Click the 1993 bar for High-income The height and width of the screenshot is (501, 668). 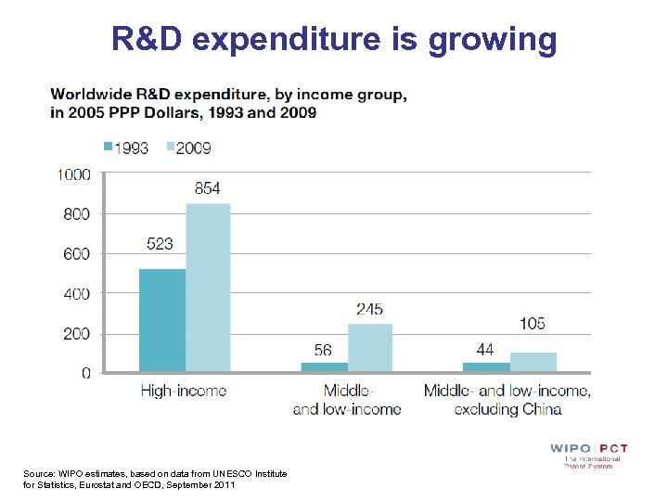pyautogui.click(x=162, y=320)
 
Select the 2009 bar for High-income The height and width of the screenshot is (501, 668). pyautogui.click(x=208, y=288)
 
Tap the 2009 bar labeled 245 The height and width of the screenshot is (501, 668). pyautogui.click(x=369, y=348)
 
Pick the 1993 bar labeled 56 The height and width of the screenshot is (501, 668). pyautogui.click(x=324, y=367)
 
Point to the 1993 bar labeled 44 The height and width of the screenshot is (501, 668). pyautogui.click(x=486, y=367)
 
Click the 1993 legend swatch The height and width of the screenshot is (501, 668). pyautogui.click(x=108, y=148)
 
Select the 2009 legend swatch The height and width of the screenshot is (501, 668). pyautogui.click(x=171, y=148)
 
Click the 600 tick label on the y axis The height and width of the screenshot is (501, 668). pyautogui.click(x=77, y=254)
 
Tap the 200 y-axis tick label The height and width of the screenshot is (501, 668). pyautogui.click(x=77, y=334)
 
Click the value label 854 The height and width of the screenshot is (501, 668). pyautogui.click(x=208, y=188)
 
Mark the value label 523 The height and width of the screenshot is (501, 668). pyautogui.click(x=160, y=245)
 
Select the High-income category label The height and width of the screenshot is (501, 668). pyautogui.click(x=183, y=391)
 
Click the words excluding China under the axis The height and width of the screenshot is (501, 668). pyautogui.click(x=507, y=409)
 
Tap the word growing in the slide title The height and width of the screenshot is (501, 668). pyautogui.click(x=492, y=39)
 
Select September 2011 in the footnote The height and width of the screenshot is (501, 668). pyautogui.click(x=209, y=485)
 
